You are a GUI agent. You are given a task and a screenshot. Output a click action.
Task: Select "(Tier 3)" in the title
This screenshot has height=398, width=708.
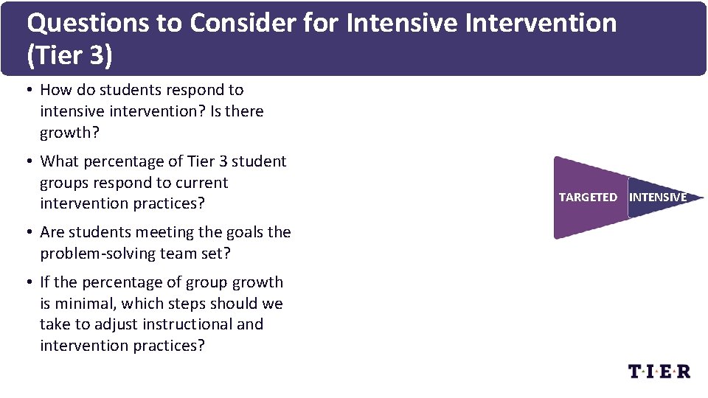(69, 57)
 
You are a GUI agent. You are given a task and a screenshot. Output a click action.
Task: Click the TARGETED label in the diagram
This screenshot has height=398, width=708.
(588, 198)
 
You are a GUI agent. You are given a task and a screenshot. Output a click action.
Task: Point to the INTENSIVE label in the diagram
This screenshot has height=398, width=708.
(658, 198)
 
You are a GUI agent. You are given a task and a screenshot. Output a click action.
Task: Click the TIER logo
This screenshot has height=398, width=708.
(659, 371)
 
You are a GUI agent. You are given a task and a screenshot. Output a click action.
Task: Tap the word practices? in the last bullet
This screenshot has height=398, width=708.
(169, 346)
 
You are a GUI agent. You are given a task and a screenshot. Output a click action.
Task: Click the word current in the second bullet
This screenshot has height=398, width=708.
(201, 183)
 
